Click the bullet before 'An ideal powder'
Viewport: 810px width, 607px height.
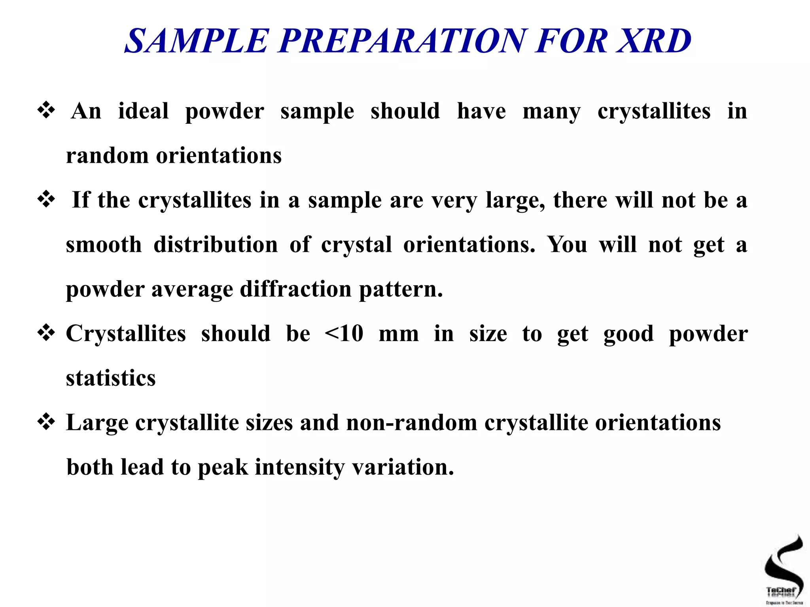point(46,110)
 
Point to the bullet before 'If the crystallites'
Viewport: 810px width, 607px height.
point(46,199)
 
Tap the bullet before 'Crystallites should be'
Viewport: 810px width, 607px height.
point(46,333)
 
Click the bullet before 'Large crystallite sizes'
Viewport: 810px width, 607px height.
point(46,422)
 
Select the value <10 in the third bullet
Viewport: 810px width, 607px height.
point(344,333)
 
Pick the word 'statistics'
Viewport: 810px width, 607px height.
point(111,378)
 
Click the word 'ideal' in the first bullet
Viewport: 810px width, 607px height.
point(143,111)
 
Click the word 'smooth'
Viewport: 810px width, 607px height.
point(104,244)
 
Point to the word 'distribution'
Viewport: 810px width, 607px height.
point(216,244)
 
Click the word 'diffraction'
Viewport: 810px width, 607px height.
point(295,289)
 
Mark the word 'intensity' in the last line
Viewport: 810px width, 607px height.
point(299,467)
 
